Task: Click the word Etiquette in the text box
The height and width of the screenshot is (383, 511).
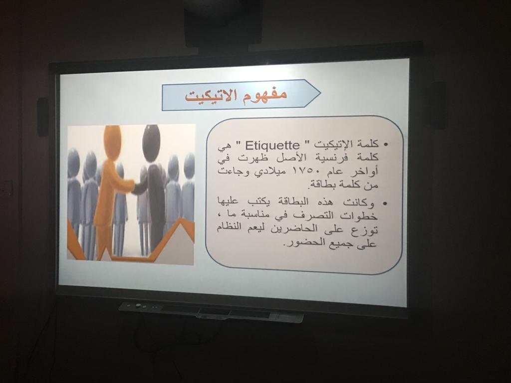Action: click(x=272, y=145)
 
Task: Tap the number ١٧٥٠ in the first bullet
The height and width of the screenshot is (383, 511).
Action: click(x=299, y=171)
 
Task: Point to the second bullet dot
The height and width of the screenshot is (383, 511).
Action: click(x=385, y=204)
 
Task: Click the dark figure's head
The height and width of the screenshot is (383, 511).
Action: click(x=151, y=143)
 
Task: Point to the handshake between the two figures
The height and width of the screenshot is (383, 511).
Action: click(x=135, y=188)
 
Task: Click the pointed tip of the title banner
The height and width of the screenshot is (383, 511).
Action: click(x=321, y=93)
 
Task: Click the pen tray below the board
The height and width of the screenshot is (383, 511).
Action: click(x=211, y=312)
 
